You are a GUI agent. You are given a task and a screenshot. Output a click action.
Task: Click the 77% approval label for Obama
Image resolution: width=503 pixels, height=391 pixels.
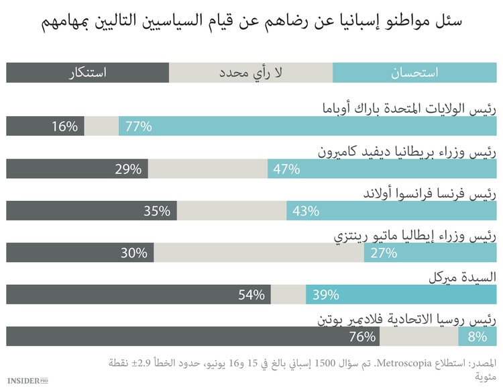pyautogui.click(x=136, y=126)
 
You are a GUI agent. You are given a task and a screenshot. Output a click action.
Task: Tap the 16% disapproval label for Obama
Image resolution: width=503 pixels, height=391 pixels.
pyautogui.click(x=66, y=126)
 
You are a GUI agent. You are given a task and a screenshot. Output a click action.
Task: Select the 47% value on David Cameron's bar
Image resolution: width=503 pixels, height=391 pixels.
pyautogui.click(x=286, y=169)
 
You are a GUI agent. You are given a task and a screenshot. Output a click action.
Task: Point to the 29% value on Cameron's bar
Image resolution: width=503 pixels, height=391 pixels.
pyautogui.click(x=128, y=169)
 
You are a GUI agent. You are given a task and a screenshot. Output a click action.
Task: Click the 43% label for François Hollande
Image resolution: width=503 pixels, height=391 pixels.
pyautogui.click(x=305, y=211)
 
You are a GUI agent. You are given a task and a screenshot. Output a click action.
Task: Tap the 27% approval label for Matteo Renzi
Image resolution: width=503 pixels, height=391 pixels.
pyautogui.click(x=383, y=253)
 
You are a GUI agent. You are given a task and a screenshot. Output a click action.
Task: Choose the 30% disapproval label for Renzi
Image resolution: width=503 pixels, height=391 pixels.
pyautogui.click(x=134, y=253)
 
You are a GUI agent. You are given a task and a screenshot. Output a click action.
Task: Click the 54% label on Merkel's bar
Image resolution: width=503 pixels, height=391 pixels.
pyautogui.click(x=251, y=295)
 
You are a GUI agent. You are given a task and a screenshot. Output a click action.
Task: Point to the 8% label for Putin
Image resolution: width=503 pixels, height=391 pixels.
pyautogui.click(x=478, y=337)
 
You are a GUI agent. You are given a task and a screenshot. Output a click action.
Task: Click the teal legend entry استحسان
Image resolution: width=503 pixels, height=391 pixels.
pyautogui.click(x=414, y=73)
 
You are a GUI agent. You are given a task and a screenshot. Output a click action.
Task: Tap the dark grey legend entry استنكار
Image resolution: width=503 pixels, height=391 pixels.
pyautogui.click(x=88, y=73)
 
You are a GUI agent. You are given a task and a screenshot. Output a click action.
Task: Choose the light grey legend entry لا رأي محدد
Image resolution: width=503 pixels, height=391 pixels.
pyautogui.click(x=251, y=73)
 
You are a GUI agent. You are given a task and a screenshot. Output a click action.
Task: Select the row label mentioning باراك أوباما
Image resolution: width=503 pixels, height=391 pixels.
pyautogui.click(x=406, y=107)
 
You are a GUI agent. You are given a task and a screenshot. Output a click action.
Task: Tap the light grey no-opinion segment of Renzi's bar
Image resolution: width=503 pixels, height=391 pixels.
pyautogui.click(x=259, y=253)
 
